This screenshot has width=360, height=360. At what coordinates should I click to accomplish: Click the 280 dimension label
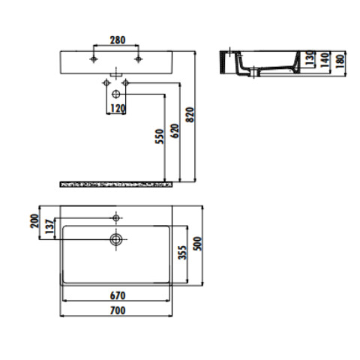[x=118, y=40]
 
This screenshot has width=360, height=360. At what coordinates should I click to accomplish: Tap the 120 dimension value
[x=118, y=109]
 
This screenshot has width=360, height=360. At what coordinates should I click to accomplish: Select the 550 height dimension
[x=159, y=136]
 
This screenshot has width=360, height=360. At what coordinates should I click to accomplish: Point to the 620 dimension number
[x=175, y=130]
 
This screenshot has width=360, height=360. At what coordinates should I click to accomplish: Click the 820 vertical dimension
[x=190, y=115]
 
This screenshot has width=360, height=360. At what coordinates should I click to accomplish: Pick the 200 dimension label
[x=34, y=221]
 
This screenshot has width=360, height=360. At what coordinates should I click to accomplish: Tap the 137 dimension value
[x=49, y=226]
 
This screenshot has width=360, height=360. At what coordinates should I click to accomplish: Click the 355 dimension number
[x=182, y=253]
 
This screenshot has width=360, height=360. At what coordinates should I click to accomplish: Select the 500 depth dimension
[x=197, y=244]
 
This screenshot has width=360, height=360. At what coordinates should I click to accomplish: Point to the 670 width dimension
[x=118, y=295]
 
